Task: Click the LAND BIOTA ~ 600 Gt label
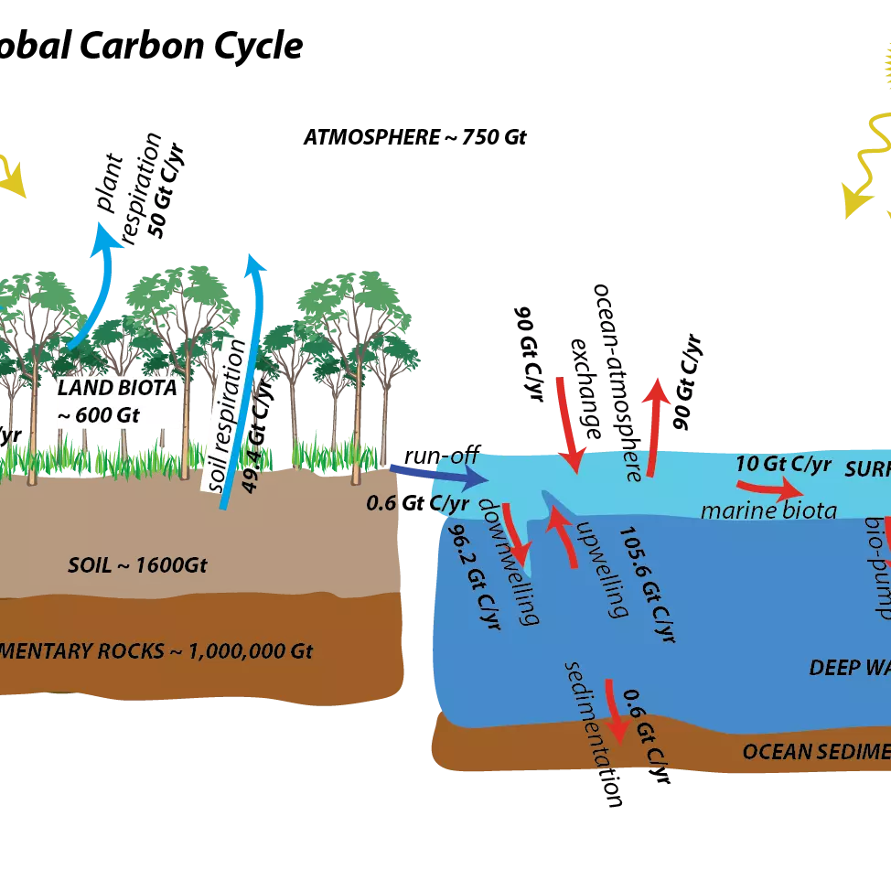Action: pos(117,401)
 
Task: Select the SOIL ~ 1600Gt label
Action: pos(137,564)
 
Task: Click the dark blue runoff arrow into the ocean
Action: pos(443,474)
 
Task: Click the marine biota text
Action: pos(768,510)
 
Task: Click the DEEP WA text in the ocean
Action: pos(849,668)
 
